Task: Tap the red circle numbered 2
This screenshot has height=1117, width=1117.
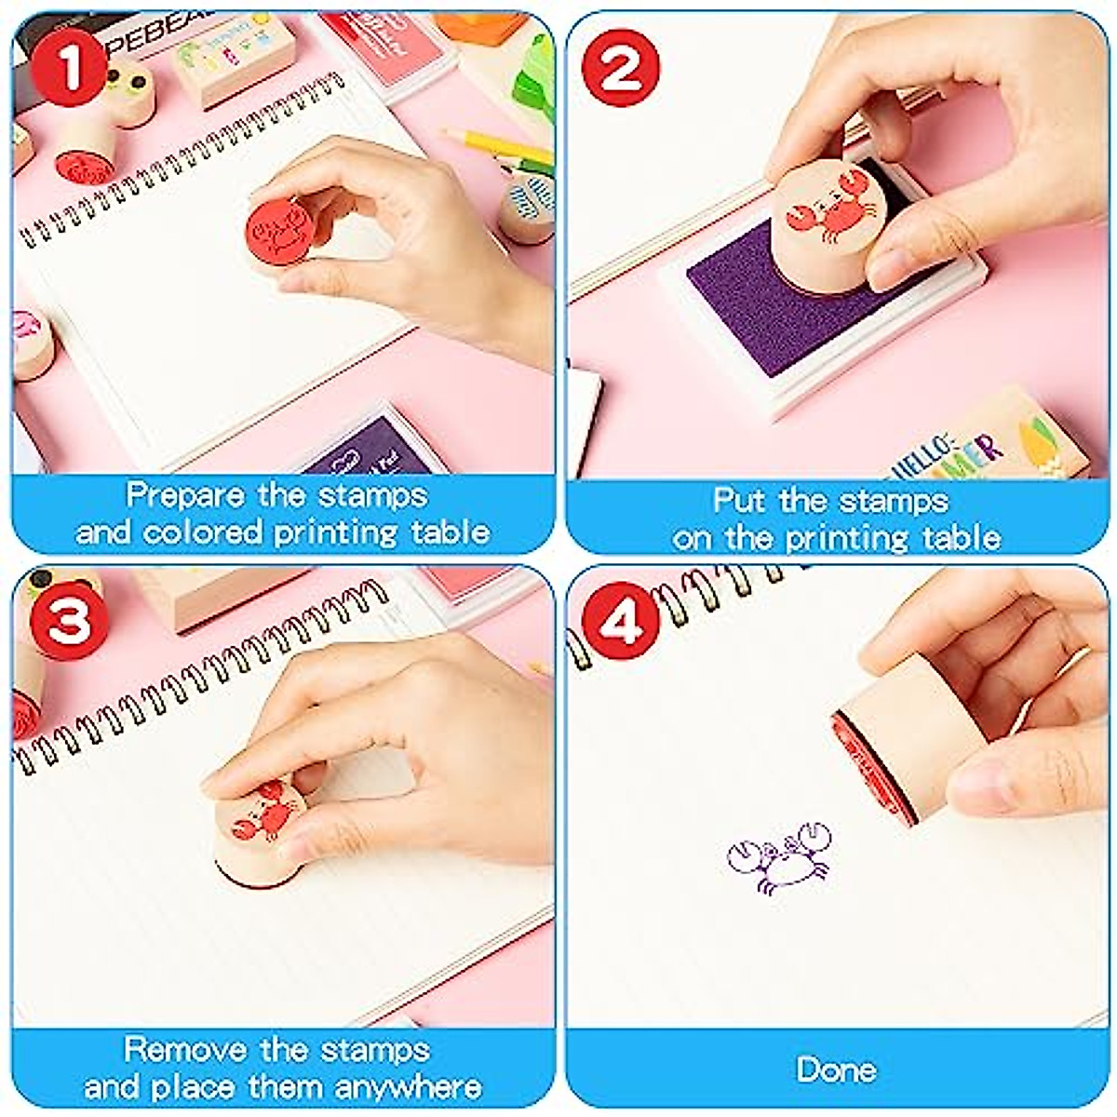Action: point(621,68)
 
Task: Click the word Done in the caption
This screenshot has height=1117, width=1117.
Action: point(836,1070)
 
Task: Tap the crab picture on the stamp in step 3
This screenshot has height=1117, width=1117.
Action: point(262,812)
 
